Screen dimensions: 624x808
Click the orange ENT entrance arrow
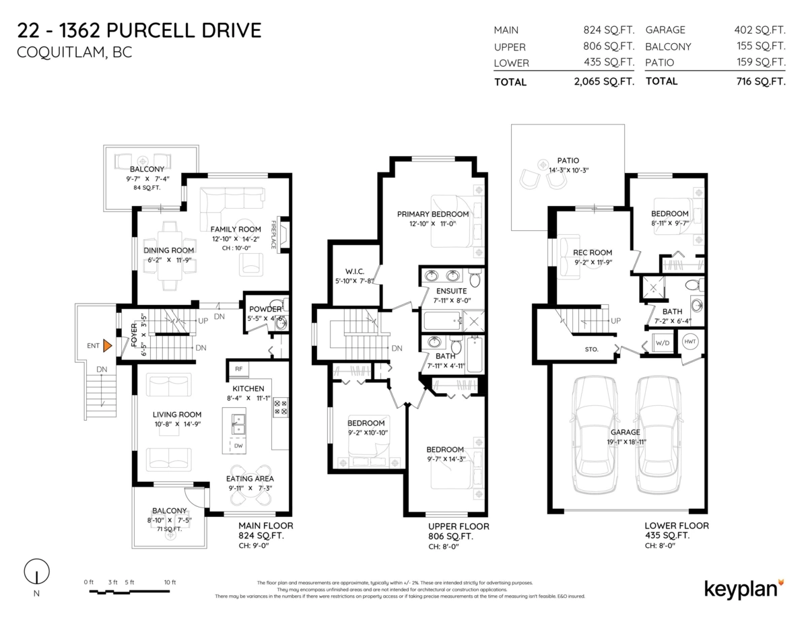click(x=106, y=346)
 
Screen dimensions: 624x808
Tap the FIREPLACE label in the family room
click(x=275, y=234)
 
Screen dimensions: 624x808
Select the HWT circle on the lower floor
click(x=690, y=341)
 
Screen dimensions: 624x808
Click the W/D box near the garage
click(x=662, y=343)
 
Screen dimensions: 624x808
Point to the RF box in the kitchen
click(x=238, y=369)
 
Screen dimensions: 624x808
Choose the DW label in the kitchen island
click(x=238, y=446)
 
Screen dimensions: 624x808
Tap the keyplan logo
click(x=743, y=588)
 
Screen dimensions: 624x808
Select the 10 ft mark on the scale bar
click(x=169, y=582)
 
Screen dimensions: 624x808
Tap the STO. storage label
click(x=593, y=349)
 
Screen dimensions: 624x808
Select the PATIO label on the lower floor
click(x=568, y=160)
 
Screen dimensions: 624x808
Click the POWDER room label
click(x=265, y=309)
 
